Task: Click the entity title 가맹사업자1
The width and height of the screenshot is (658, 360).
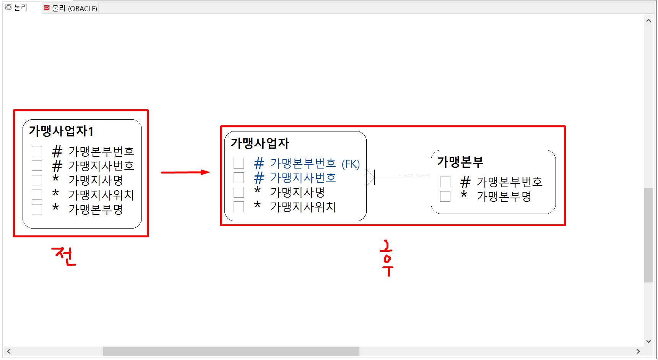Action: coord(61,131)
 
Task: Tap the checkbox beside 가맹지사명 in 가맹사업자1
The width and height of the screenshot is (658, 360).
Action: coord(37,180)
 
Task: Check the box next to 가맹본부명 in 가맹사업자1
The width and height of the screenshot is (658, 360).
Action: coord(37,209)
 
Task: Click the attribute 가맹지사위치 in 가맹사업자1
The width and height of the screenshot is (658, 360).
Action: coord(101,195)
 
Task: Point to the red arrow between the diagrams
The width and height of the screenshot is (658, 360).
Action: coord(185,172)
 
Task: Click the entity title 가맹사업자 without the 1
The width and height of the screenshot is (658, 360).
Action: coord(260,143)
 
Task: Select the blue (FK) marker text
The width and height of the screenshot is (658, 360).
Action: coord(351,164)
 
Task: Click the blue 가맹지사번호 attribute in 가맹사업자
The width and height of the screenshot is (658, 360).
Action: coord(303,178)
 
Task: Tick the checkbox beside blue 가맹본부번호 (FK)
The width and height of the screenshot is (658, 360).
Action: coord(239,163)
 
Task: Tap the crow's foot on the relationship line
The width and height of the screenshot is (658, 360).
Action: coord(370,177)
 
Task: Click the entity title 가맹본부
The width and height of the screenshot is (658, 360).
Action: coord(460,162)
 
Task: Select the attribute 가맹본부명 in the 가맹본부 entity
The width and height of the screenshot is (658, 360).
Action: coord(504,196)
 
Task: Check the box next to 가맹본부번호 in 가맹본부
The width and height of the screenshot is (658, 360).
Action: coord(445,182)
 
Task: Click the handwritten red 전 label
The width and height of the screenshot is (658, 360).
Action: coord(64,256)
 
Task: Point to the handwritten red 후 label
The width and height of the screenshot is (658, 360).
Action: coord(387,258)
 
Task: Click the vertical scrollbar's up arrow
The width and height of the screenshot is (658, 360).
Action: coord(648,21)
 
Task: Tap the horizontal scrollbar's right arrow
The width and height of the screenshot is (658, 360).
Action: coord(638,351)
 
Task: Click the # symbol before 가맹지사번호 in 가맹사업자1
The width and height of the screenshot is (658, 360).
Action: coord(57,166)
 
